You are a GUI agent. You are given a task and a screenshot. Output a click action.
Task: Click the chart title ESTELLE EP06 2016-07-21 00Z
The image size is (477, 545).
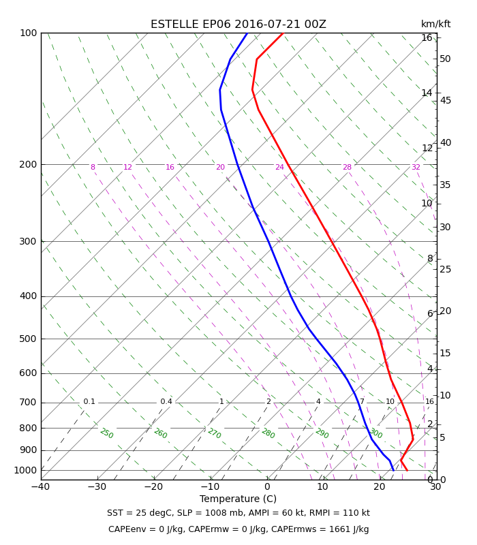point(238,25)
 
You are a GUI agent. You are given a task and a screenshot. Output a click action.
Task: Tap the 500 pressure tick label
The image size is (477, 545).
point(28,339)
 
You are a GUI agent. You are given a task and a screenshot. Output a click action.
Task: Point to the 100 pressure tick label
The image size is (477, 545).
point(28,33)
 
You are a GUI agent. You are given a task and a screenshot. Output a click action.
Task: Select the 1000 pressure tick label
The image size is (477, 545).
point(25,470)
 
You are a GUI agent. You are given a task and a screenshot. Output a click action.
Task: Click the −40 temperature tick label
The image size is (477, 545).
point(41,486)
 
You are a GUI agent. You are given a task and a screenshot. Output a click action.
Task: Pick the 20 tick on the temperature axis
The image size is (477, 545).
point(380,486)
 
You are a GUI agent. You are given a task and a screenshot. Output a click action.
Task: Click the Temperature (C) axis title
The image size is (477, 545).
point(238,499)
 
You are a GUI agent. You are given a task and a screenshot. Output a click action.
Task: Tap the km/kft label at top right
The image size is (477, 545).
point(435,24)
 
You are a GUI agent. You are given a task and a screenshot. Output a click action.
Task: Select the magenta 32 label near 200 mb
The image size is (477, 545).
point(416,167)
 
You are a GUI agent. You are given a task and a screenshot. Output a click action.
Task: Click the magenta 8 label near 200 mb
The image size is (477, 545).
point(93,167)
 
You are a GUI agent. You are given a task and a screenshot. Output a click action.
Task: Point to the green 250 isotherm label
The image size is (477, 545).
point(107,433)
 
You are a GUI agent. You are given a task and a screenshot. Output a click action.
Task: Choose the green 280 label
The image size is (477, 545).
point(268,433)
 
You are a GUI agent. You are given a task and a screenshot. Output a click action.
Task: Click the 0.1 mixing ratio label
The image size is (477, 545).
point(89,401)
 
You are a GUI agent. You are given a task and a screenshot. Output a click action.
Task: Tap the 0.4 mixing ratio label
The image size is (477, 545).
point(166,401)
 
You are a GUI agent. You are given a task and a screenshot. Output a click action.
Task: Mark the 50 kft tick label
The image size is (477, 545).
point(445,59)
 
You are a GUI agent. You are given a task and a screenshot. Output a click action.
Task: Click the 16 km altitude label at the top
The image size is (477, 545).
point(427,37)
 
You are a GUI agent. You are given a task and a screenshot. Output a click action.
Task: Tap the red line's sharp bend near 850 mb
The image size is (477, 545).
point(413,439)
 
